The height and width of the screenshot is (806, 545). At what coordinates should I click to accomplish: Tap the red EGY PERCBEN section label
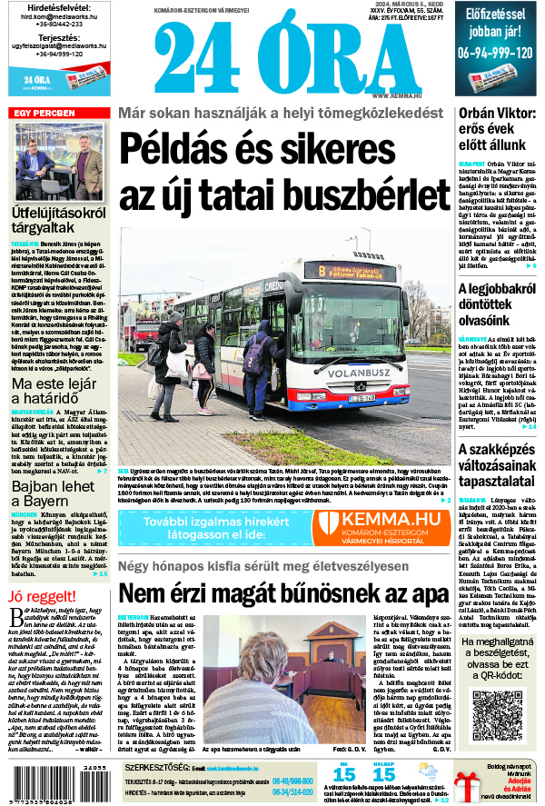coord(45,113)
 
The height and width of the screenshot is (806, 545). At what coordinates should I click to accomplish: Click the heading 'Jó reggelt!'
coord(40,595)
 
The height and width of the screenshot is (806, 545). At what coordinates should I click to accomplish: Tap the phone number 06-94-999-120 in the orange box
coord(495,53)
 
